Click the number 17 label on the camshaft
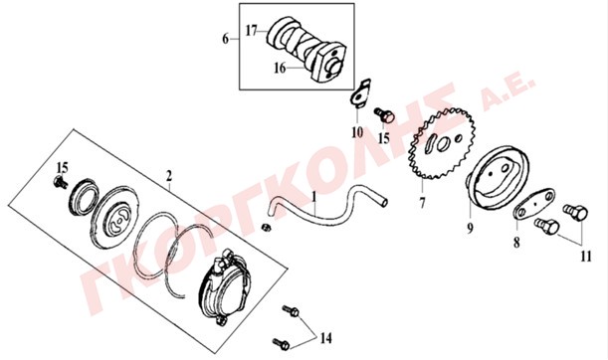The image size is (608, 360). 252,30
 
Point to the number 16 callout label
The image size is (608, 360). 280,68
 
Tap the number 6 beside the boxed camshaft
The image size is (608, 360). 226,39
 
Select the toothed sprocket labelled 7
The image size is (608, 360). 442,143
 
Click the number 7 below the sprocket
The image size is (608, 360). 422,202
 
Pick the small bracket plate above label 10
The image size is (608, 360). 361,93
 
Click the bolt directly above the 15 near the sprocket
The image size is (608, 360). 384,114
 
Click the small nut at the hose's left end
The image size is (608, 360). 266,227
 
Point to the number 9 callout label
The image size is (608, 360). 470,229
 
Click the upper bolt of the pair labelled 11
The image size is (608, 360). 575,212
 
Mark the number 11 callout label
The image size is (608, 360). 585,257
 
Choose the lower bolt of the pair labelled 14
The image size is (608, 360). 281,343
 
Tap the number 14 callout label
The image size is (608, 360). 326,338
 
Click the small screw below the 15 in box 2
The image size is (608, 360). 61,181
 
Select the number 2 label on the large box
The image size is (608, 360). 169,176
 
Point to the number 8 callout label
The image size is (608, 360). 516,243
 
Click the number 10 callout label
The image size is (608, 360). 357,132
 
